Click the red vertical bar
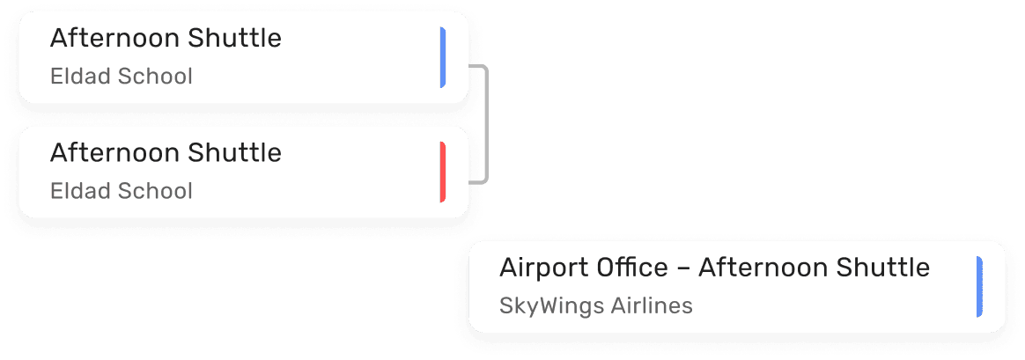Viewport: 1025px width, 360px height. pyautogui.click(x=442, y=172)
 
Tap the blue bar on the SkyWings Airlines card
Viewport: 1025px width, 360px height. pyautogui.click(x=979, y=286)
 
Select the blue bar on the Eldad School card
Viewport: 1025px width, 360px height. pyautogui.click(x=442, y=57)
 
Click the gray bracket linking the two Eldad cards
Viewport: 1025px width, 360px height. pyautogui.click(x=486, y=123)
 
